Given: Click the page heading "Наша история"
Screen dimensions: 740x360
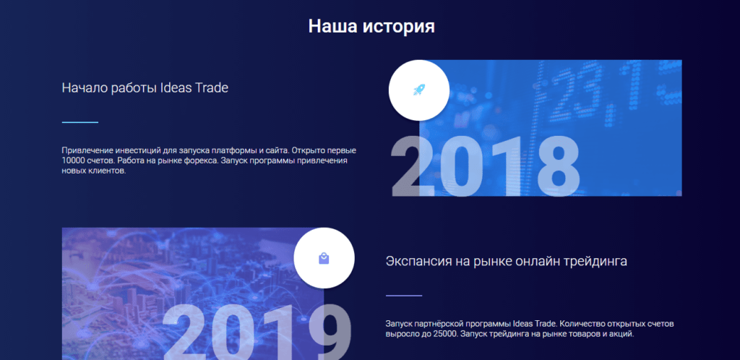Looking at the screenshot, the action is point(371,27).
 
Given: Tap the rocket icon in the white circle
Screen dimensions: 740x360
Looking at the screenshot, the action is point(419,90).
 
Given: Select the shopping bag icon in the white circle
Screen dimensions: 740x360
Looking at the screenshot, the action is point(324,258).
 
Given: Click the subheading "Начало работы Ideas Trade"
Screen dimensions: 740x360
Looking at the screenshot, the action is point(145,87).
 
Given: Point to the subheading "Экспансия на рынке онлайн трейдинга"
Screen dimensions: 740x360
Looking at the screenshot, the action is point(507,261).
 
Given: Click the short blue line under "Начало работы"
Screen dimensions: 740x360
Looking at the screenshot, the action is point(80,122).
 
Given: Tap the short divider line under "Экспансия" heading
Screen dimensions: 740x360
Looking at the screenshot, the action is point(404,296).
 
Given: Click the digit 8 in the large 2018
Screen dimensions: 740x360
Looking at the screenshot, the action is point(559,166).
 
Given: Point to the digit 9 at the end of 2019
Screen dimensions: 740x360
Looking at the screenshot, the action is point(331,332).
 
